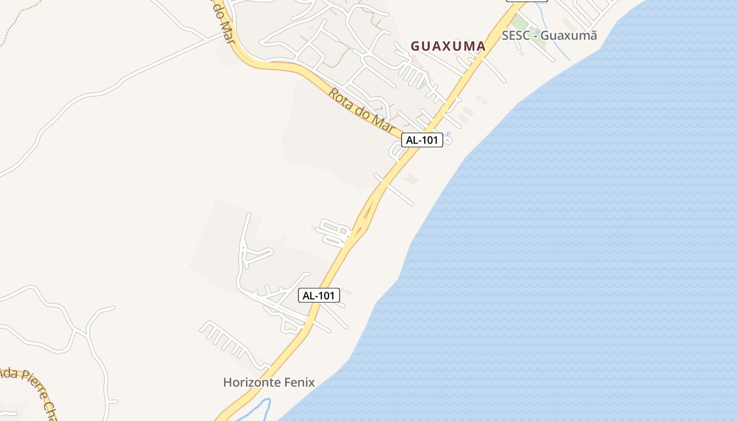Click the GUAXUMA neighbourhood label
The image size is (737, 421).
pos(448,46)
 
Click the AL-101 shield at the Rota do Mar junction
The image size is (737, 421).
pos(422,140)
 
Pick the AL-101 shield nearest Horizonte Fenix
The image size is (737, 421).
pos(319,295)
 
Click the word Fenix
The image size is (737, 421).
pos(298,383)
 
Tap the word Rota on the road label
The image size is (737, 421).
pos(340,100)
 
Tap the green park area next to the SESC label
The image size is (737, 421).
pos(522,23)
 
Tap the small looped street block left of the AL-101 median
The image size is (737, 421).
pos(334,233)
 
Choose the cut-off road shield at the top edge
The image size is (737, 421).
pos(526,1)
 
